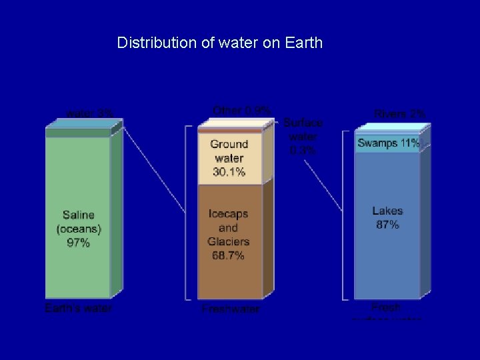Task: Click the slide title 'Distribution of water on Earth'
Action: (x=219, y=43)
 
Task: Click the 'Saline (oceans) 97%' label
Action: (x=78, y=229)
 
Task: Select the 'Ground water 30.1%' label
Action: (x=229, y=158)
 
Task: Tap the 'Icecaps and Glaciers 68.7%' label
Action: (x=228, y=234)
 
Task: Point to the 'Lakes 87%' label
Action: (x=387, y=218)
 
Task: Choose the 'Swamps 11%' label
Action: (x=388, y=143)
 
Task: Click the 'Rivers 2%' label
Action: (x=399, y=114)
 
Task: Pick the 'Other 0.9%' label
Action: (x=241, y=110)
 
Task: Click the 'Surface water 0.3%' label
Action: (x=303, y=136)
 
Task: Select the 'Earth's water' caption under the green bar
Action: (x=78, y=308)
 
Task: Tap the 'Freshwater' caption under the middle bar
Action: (x=230, y=309)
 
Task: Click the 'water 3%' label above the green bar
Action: (x=89, y=113)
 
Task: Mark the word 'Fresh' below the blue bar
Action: (x=386, y=307)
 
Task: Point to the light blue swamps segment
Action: (x=388, y=149)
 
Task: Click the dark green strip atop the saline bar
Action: (x=77, y=133)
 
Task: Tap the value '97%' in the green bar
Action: (x=78, y=243)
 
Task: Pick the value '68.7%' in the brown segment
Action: (x=228, y=255)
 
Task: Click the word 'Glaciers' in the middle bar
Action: (x=228, y=241)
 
